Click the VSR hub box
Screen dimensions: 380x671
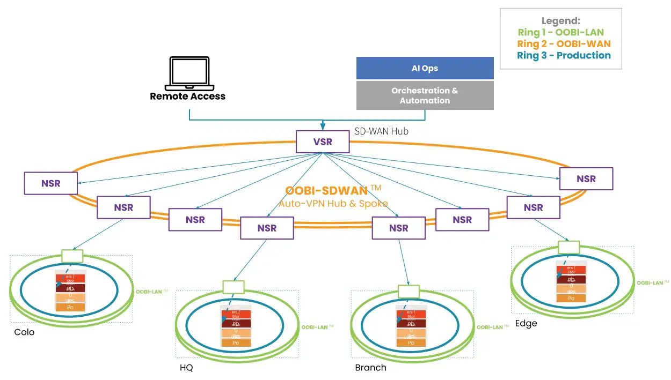pos(323,143)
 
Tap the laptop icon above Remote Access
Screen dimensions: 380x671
pos(189,73)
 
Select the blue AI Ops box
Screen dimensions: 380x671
pos(425,69)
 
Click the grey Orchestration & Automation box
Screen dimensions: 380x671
pos(425,95)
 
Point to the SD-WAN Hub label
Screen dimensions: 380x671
pos(382,131)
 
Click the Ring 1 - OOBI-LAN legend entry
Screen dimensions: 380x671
pos(560,33)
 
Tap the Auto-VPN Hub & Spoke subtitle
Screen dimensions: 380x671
pos(333,204)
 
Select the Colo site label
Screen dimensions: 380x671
pos(24,332)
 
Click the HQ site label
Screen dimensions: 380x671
pos(186,368)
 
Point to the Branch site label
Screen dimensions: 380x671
pos(370,368)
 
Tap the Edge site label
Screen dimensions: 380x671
pos(526,324)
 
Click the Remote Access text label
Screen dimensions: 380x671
pos(188,96)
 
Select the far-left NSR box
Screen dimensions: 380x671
pos(51,183)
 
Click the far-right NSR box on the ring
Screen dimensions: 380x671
pos(586,179)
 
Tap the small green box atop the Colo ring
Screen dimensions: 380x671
pos(72,256)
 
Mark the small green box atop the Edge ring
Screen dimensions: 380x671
pos(569,247)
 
